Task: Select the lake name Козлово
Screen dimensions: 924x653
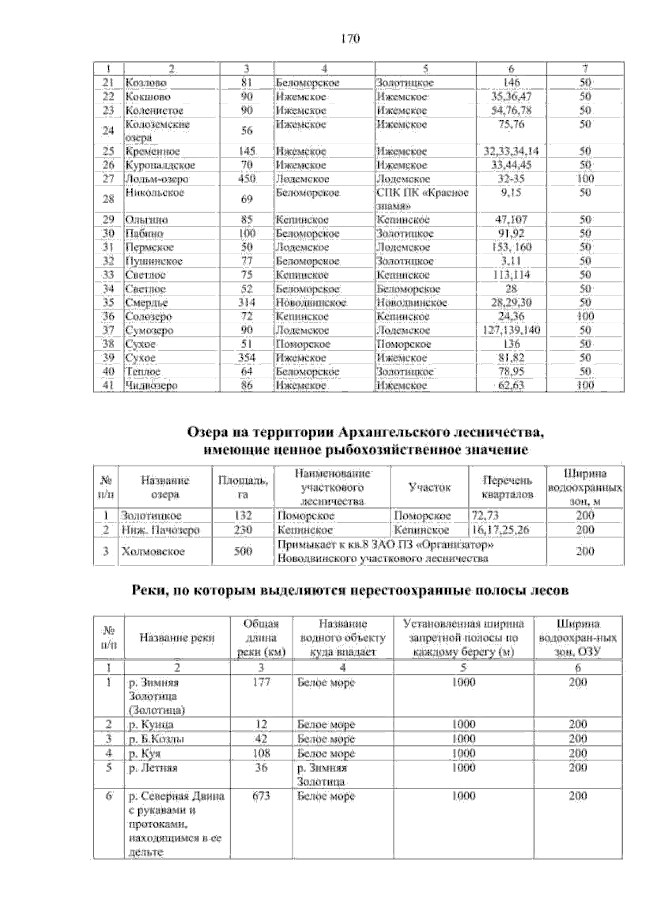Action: point(146,83)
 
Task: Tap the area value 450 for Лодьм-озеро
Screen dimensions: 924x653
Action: point(247,179)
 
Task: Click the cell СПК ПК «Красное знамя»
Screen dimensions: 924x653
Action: point(422,199)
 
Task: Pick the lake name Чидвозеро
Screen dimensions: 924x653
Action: point(151,386)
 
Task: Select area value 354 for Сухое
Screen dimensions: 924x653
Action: point(247,358)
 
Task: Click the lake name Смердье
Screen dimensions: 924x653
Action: point(147,303)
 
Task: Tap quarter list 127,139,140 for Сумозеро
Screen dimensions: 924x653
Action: point(512,330)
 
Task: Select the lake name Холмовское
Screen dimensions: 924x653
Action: point(153,552)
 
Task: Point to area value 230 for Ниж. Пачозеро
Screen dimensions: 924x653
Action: point(243,530)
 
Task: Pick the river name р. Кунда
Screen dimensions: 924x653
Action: point(151,725)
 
